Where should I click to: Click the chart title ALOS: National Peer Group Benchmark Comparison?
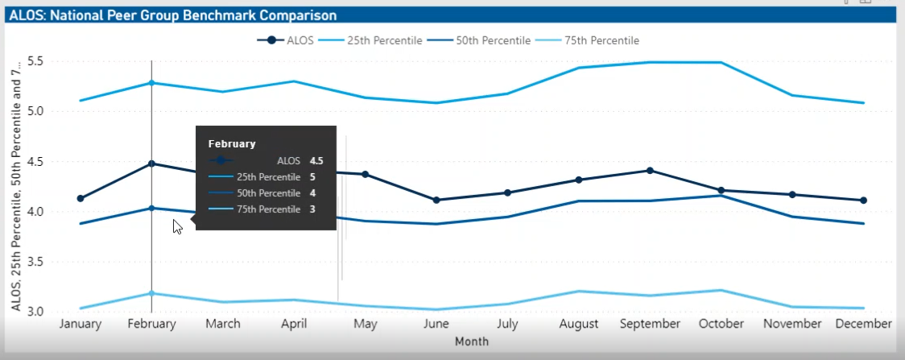click(x=173, y=15)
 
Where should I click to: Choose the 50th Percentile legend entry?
click(x=493, y=40)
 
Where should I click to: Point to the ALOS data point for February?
click(x=151, y=163)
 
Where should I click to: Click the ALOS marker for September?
click(x=650, y=170)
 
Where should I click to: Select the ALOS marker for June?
click(x=436, y=200)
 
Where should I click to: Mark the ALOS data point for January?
click(x=81, y=198)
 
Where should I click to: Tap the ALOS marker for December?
click(x=863, y=200)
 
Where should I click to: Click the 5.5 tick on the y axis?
click(x=35, y=61)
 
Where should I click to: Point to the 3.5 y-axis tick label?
click(x=35, y=262)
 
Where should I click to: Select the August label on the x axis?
click(x=578, y=324)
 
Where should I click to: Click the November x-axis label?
click(x=791, y=324)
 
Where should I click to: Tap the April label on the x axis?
click(x=294, y=324)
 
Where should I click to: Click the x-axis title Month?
click(x=471, y=341)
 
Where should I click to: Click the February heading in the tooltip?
click(x=232, y=143)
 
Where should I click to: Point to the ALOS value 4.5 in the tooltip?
click(x=316, y=160)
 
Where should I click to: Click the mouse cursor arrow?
click(x=177, y=226)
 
